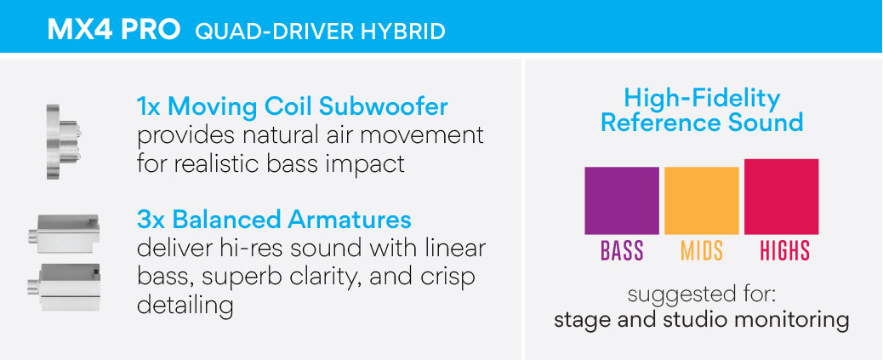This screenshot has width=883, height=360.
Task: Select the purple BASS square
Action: [622, 201]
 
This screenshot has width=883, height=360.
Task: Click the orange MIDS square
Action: [702, 201]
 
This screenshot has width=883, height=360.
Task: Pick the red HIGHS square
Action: [782, 197]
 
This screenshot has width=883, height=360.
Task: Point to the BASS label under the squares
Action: [622, 251]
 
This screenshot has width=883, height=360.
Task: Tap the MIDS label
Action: [702, 251]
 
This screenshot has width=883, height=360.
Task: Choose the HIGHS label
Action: [784, 251]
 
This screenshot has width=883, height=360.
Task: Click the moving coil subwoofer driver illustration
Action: [63, 141]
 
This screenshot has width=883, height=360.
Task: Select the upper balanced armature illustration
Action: [64, 233]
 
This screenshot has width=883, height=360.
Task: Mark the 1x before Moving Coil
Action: [149, 106]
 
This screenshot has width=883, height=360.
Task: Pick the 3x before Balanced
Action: [151, 220]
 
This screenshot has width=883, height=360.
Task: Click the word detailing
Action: [185, 306]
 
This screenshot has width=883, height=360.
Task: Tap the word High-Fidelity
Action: [702, 100]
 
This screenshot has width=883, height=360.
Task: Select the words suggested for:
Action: [702, 294]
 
